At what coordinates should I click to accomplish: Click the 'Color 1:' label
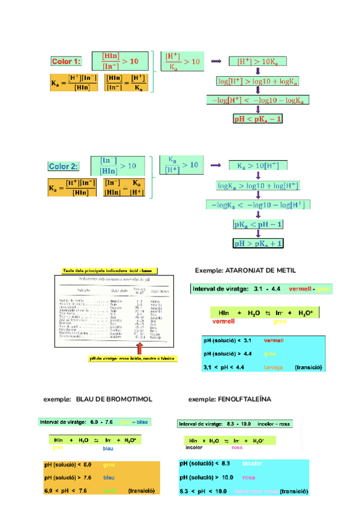coord(65,61)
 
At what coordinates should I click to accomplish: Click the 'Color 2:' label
coord(63,166)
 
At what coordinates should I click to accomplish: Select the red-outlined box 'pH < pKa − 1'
coord(257,119)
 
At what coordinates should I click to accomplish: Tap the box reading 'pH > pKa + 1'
coord(258,244)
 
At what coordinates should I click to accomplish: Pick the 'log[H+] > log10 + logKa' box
coord(258,80)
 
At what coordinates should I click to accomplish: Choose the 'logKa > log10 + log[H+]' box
coord(258,185)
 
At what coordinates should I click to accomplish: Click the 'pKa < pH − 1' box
coord(258,224)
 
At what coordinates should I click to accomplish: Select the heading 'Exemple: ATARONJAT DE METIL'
coord(245,270)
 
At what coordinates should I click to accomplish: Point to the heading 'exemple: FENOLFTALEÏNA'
coord(230,399)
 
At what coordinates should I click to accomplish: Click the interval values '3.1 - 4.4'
coord(268,289)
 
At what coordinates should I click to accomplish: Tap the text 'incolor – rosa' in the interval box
coord(274,424)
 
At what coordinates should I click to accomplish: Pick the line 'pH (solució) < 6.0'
coord(68,465)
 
